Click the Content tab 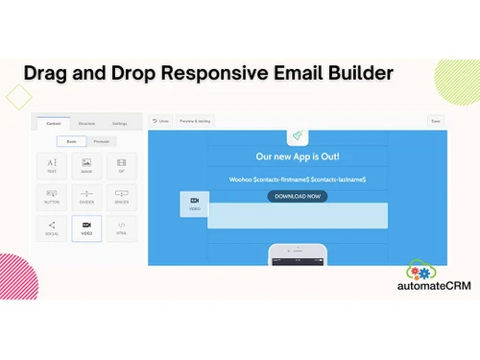coord(54,123)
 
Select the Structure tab coord(86,123)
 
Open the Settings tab coord(119,123)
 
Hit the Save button coord(436,121)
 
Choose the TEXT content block coord(52,166)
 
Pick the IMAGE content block coord(86,166)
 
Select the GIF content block coord(121,166)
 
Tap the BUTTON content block coord(52,197)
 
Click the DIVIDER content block coord(86,197)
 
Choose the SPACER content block coord(121,197)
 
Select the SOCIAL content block coord(52,228)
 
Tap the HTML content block coord(121,228)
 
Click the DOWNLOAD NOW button coord(297,196)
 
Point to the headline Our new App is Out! coord(297,156)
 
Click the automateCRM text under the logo coord(434,286)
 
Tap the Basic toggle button coord(71,141)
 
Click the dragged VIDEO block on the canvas coord(195,204)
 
